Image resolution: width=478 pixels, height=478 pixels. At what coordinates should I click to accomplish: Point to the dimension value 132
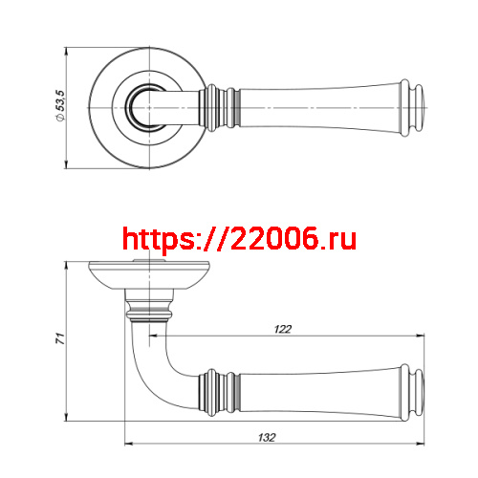coord(269,437)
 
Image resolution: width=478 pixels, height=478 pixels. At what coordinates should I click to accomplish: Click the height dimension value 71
coord(60,339)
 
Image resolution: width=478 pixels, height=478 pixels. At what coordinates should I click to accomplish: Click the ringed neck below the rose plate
coord(149,310)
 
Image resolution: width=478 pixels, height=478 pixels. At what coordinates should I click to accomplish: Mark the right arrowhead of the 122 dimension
coord(422,336)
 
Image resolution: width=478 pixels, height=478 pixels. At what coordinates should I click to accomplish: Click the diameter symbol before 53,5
coord(60,119)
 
